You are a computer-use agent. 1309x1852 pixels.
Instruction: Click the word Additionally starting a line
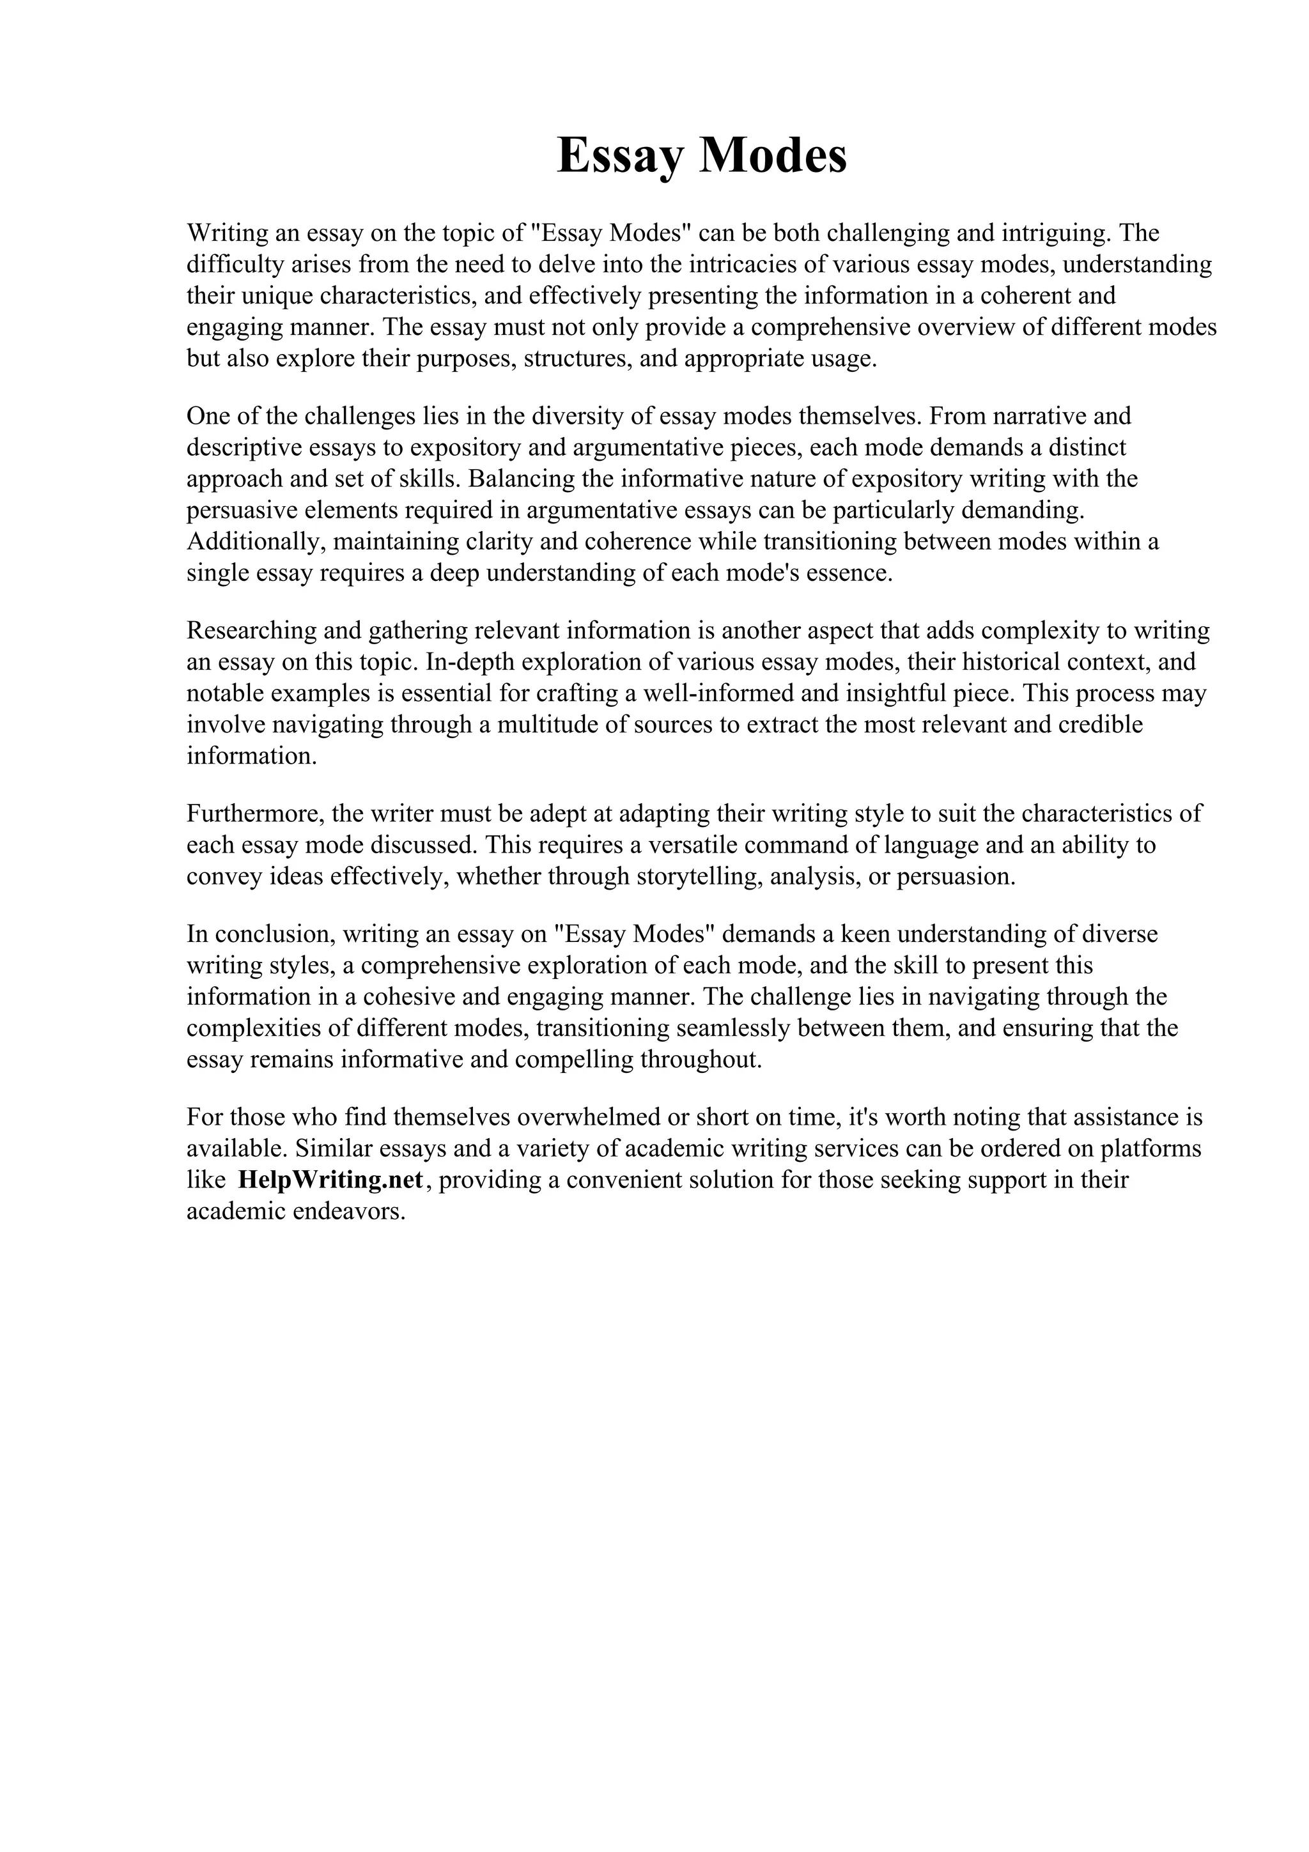tap(254, 542)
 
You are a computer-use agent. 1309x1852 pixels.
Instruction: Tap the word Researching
tap(254, 631)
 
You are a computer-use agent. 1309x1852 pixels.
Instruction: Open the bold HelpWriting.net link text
tap(330, 1181)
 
